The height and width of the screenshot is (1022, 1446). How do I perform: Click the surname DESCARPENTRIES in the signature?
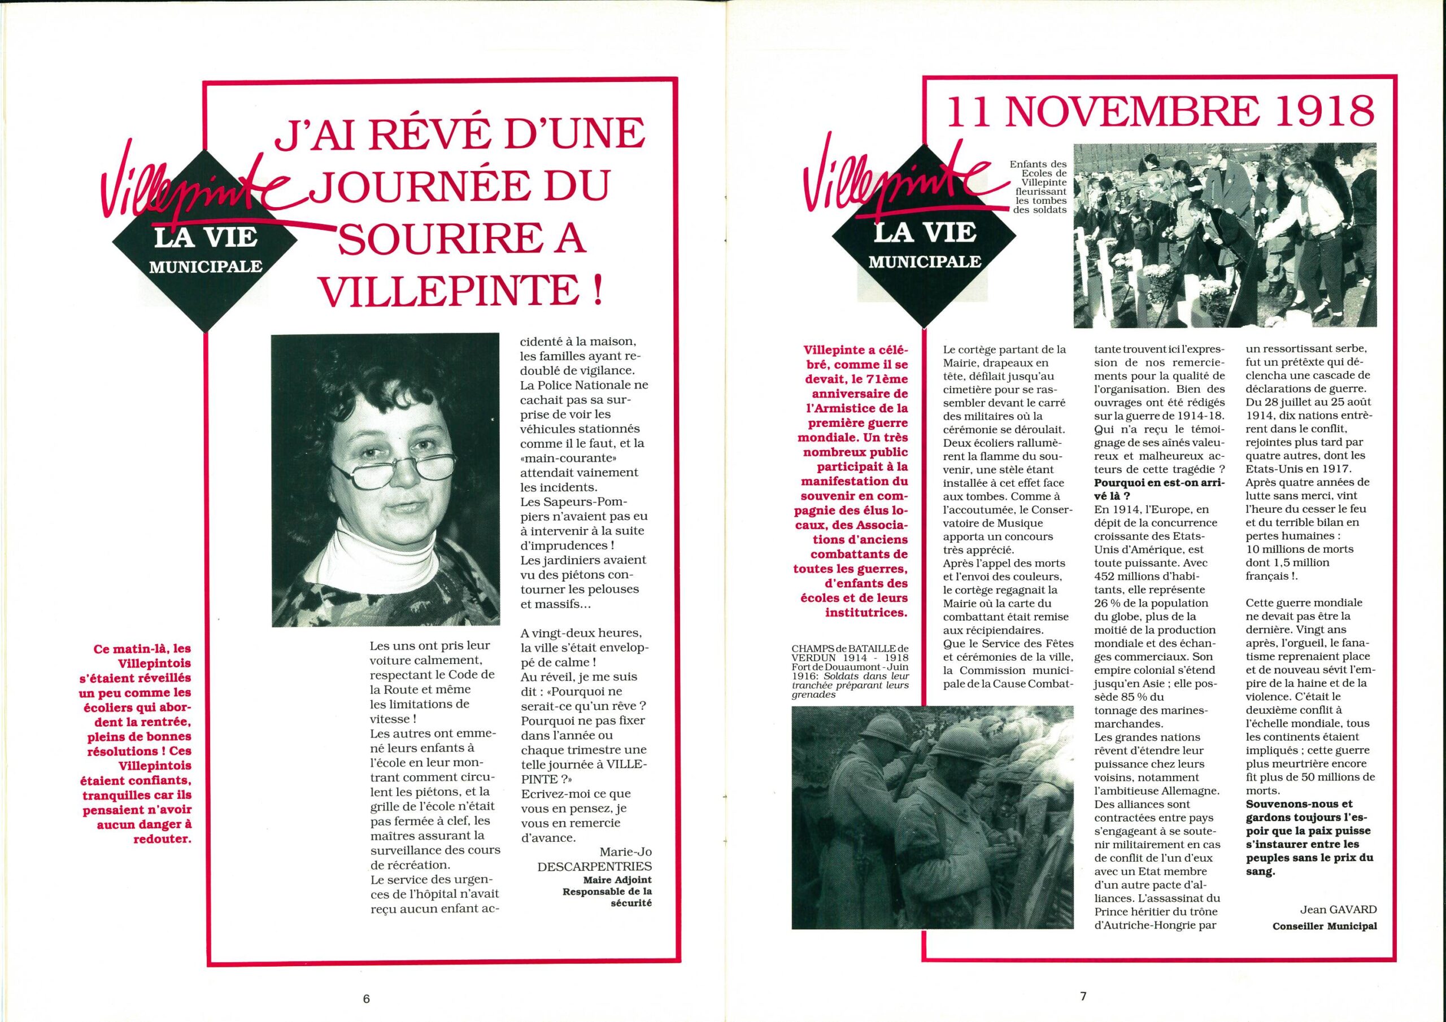594,867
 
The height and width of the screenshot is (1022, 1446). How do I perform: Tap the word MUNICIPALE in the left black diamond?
205,267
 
